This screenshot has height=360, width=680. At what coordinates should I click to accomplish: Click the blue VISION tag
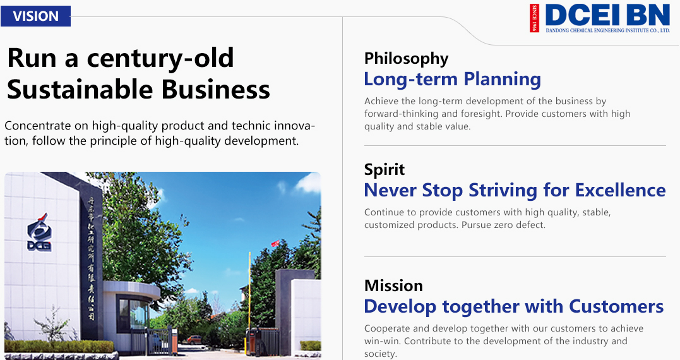[35, 16]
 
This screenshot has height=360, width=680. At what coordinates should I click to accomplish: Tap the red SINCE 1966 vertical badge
[534, 18]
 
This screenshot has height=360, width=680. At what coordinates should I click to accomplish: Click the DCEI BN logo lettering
[607, 15]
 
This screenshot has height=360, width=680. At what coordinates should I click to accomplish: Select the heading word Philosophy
[407, 59]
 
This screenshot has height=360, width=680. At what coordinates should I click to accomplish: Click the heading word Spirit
[385, 170]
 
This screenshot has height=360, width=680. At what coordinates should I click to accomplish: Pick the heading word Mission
[393, 286]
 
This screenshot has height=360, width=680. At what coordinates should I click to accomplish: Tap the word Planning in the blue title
[502, 80]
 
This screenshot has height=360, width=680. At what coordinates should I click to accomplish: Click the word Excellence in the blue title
[620, 190]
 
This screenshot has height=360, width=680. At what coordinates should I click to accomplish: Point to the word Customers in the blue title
[616, 307]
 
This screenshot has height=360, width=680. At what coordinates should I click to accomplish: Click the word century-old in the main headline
[160, 58]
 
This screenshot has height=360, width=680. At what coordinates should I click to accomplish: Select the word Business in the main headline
[215, 89]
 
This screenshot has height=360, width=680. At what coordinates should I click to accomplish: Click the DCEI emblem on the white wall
[39, 232]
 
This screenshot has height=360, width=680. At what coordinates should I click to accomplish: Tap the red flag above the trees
[275, 243]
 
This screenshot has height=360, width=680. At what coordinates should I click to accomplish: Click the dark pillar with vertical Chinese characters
[90, 256]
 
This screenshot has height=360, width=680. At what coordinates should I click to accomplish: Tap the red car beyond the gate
[194, 339]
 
